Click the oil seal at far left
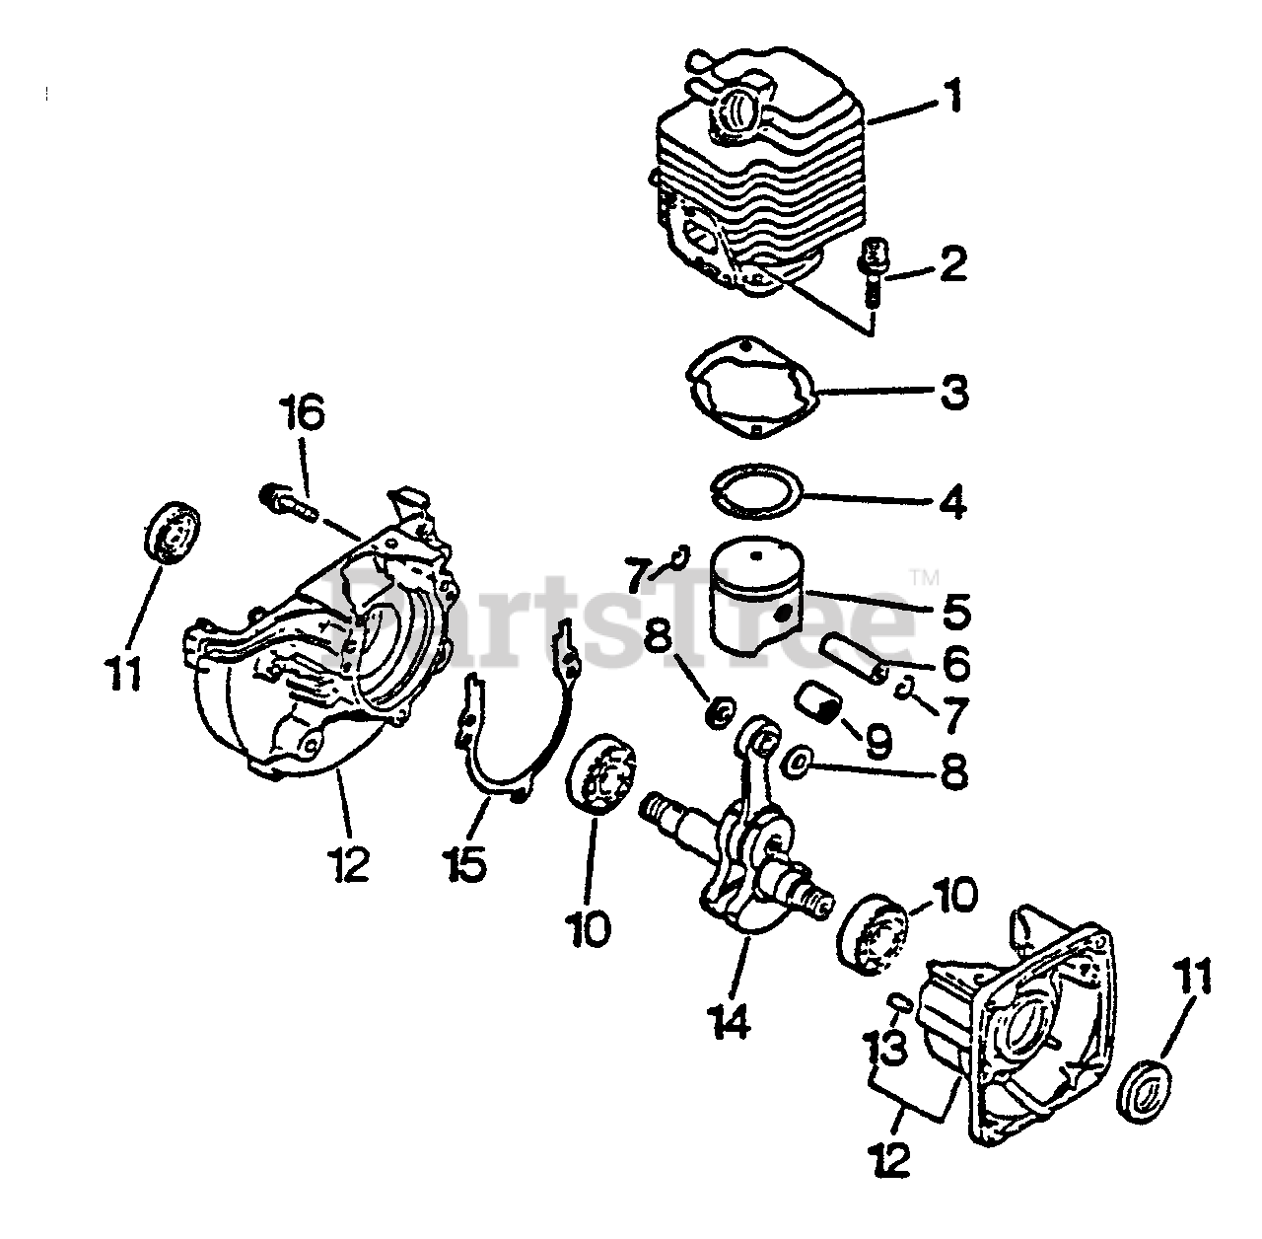pos(172,529)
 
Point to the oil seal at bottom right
pos(1147,1091)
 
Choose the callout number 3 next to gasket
pos(952,392)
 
